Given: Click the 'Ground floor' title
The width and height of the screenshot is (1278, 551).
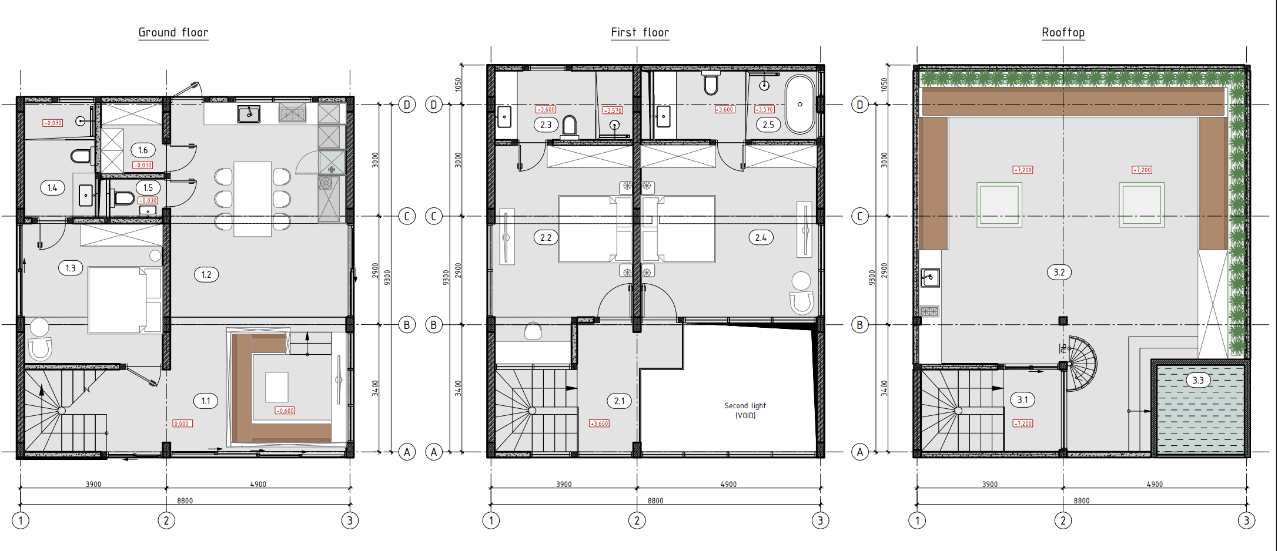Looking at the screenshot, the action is pyautogui.click(x=173, y=32).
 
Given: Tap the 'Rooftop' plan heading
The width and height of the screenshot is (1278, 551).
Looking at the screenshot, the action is pyautogui.click(x=1063, y=32).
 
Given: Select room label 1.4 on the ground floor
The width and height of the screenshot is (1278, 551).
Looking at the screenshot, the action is pyautogui.click(x=52, y=188).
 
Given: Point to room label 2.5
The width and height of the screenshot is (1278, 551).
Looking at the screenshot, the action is pyautogui.click(x=768, y=125).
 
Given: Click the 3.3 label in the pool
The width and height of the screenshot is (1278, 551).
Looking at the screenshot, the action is pyautogui.click(x=1198, y=380).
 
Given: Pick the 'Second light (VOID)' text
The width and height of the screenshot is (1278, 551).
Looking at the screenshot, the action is pyautogui.click(x=745, y=411).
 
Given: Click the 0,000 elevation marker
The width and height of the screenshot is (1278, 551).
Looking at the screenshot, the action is pyautogui.click(x=182, y=424).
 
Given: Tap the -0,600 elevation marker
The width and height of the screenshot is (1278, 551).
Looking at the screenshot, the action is pyautogui.click(x=285, y=411).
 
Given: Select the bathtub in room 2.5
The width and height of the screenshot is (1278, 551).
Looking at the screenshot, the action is pyautogui.click(x=800, y=105).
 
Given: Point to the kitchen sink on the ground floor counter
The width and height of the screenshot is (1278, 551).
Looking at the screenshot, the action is pyautogui.click(x=249, y=114).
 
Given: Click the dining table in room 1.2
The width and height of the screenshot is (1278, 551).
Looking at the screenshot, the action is pyautogui.click(x=253, y=199).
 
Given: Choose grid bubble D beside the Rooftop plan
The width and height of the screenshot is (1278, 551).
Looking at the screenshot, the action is pyautogui.click(x=860, y=105).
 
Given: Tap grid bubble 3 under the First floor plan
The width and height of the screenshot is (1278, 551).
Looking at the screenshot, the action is pyautogui.click(x=820, y=520).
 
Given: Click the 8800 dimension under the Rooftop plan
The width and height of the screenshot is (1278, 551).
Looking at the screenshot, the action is pyautogui.click(x=1082, y=500).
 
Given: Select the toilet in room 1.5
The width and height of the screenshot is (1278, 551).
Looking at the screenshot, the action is pyautogui.click(x=122, y=198).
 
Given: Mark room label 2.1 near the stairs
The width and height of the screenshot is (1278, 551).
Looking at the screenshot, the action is pyautogui.click(x=619, y=401).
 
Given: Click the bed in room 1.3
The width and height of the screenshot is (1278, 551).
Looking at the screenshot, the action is pyautogui.click(x=125, y=300).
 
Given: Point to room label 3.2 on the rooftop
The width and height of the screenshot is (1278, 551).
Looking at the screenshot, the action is pyautogui.click(x=1059, y=272).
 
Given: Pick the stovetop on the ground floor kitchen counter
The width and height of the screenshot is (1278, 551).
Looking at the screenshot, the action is pyautogui.click(x=292, y=112).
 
